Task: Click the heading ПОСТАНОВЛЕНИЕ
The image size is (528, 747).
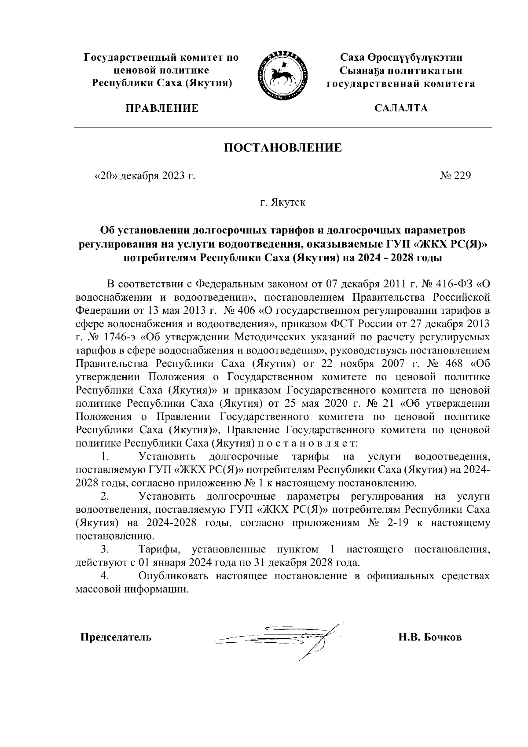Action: pyautogui.click(x=283, y=147)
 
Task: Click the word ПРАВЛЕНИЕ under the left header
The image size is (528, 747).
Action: pyautogui.click(x=161, y=108)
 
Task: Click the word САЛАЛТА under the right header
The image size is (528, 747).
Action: pyautogui.click(x=400, y=108)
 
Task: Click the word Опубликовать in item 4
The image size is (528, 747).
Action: pyautogui.click(x=175, y=576)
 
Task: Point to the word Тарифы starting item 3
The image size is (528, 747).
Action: pyautogui.click(x=158, y=549)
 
